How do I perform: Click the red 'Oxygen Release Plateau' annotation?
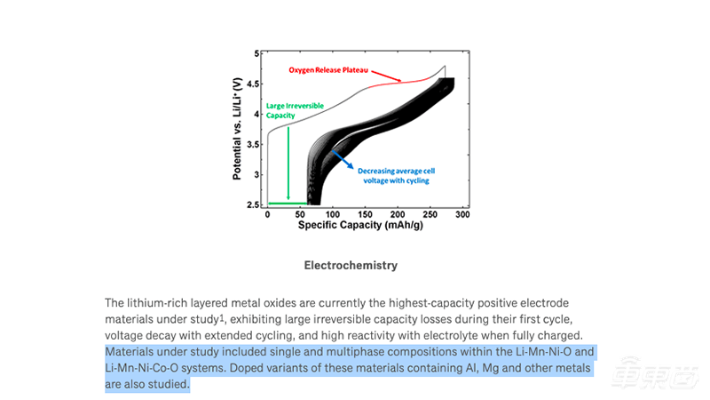point(328,68)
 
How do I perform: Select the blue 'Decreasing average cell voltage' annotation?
point(395,175)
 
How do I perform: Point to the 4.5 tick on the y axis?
point(256,84)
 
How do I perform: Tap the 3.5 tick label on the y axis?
point(256,144)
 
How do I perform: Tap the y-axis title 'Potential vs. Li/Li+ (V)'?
point(238,129)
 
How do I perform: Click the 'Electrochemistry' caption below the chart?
point(351,265)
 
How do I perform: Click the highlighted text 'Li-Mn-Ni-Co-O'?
point(147,367)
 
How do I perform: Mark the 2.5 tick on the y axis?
point(256,204)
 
